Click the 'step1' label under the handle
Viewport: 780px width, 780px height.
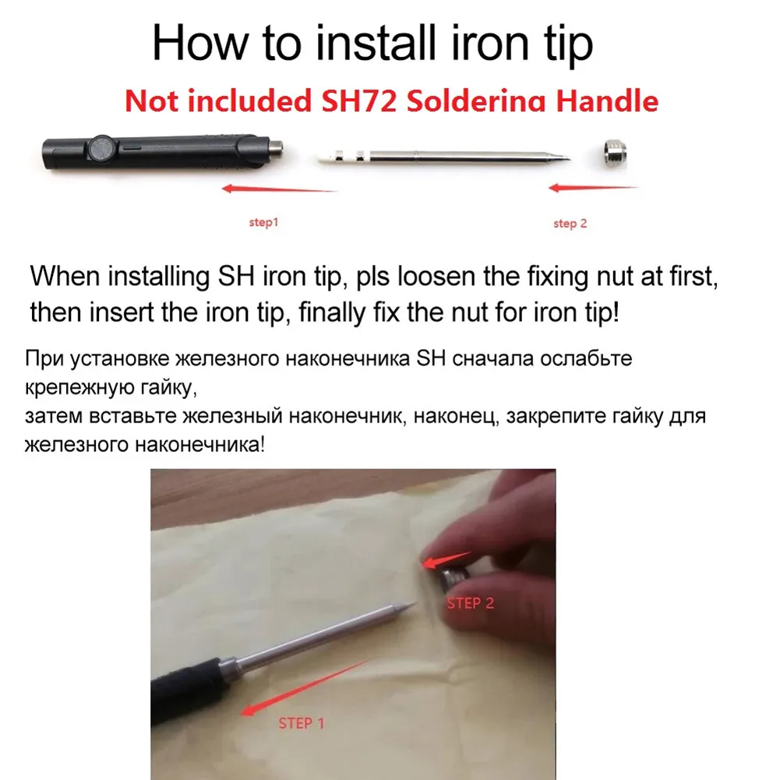tap(263, 223)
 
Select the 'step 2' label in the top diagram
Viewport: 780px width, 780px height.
tap(570, 224)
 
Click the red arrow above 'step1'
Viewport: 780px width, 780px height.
tap(279, 189)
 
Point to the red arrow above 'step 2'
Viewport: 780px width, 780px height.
tap(593, 188)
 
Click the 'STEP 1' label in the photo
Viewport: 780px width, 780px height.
tap(301, 724)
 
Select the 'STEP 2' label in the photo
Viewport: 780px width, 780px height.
tap(470, 602)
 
